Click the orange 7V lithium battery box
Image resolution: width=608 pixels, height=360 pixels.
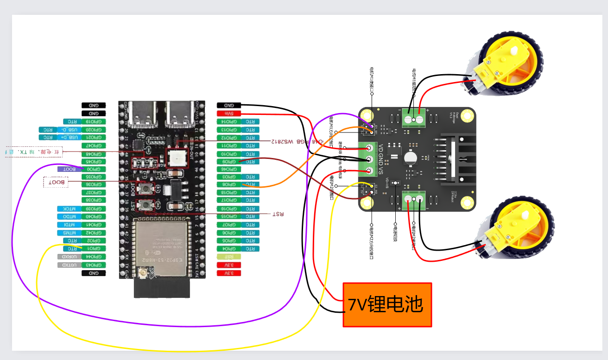click(387, 304)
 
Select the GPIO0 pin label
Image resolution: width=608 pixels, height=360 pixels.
click(94, 169)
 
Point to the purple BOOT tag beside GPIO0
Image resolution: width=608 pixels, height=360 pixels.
click(70, 169)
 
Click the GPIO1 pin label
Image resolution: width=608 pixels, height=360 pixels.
click(94, 249)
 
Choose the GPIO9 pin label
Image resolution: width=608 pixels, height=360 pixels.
click(229, 161)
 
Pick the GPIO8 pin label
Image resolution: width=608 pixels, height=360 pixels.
click(229, 185)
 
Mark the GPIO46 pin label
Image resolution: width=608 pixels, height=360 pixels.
click(229, 169)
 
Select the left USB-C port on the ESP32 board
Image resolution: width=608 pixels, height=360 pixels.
click(143, 115)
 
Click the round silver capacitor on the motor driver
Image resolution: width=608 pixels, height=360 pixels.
click(410, 158)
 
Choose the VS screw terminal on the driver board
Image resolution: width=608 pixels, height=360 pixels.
click(370, 171)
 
